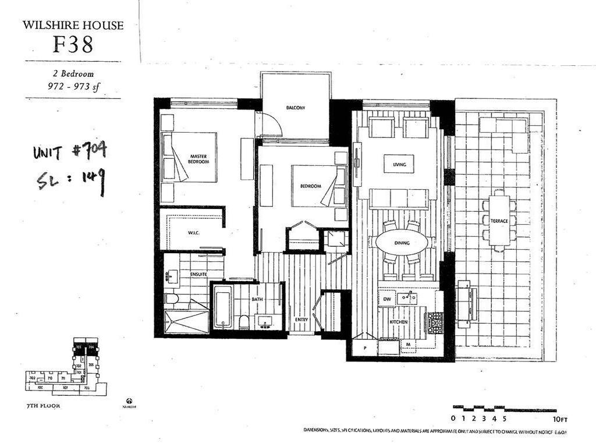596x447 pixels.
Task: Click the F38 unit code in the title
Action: (73, 45)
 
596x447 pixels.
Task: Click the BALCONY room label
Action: (296, 108)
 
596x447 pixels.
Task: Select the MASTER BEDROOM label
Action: (199, 158)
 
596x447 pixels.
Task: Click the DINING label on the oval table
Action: (402, 242)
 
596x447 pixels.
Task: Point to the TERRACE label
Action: (499, 221)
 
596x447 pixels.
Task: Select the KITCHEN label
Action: (399, 321)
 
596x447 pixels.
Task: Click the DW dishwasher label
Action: (386, 299)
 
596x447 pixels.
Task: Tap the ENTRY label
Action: (301, 320)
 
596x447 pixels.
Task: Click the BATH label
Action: (257, 299)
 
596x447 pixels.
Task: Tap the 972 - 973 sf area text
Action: (73, 86)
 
